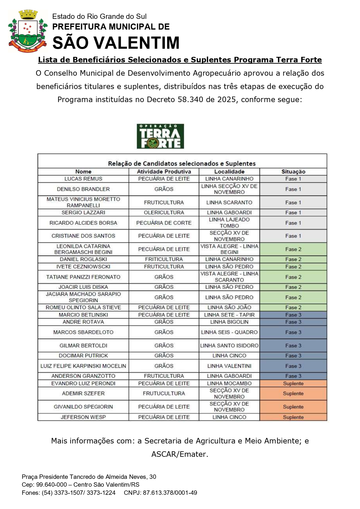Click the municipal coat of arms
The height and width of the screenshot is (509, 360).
(28, 31)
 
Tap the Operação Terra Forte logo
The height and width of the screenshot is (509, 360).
(160, 136)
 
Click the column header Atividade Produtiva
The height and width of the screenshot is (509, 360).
(164, 172)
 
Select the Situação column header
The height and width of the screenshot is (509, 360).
(293, 172)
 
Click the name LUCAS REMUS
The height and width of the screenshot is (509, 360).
(83, 179)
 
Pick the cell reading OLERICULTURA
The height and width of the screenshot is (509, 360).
(164, 213)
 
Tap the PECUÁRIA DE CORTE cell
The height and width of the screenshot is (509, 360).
(164, 223)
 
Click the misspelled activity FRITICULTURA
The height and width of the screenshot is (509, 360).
(164, 259)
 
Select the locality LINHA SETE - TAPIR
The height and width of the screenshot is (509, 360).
(229, 315)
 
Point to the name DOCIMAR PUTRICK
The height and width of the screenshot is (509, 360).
(83, 356)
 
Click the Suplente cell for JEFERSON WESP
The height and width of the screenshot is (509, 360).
(293, 417)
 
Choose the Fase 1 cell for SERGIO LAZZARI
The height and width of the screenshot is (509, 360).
(293, 213)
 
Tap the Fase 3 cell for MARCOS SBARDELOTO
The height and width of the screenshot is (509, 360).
(293, 332)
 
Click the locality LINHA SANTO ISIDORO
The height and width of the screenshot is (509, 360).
(229, 346)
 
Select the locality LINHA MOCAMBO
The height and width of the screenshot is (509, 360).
(229, 383)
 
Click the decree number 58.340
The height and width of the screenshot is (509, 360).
(191, 100)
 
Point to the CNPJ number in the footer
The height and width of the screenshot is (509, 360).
(170, 493)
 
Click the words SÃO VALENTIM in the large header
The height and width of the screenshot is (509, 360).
(116, 43)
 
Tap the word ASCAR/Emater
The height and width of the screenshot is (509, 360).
(180, 454)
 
